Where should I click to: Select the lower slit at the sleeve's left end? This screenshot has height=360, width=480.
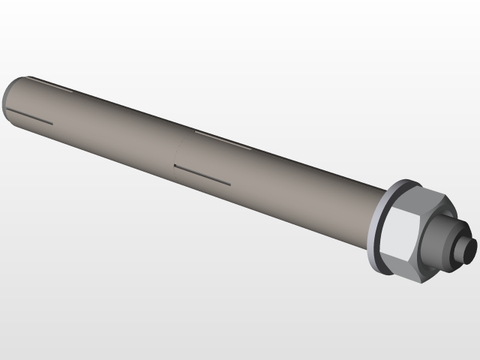point(30,118)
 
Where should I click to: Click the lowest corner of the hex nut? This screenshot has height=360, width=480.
point(421,283)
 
